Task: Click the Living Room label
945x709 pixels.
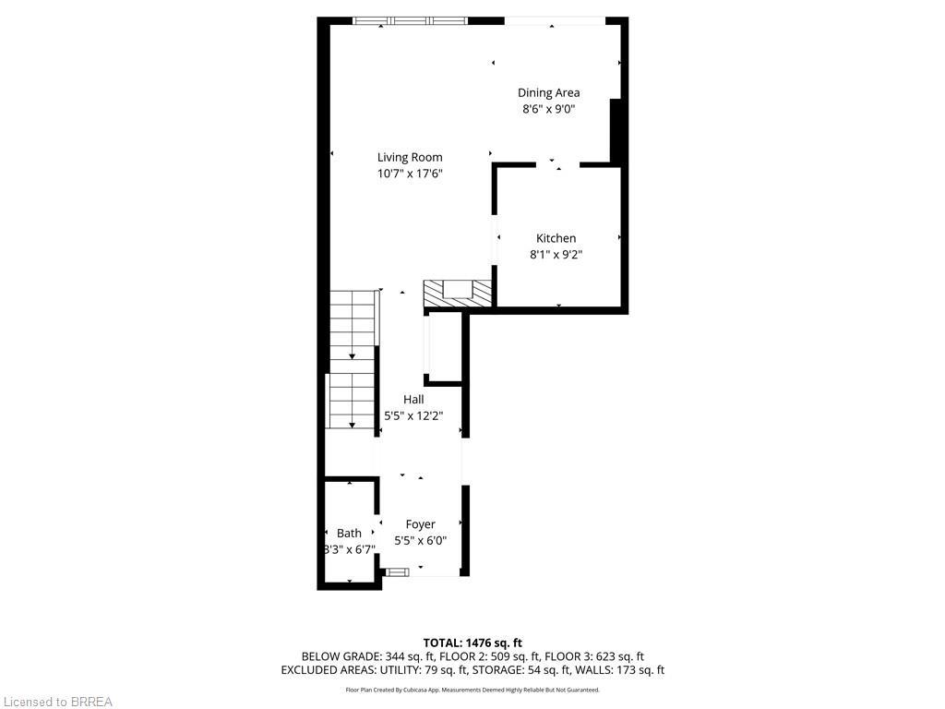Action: click(x=409, y=157)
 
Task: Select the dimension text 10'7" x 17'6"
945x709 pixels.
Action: click(x=409, y=174)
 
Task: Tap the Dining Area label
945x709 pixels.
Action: click(x=548, y=92)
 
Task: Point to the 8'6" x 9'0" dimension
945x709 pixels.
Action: click(x=548, y=109)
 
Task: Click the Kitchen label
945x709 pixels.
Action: click(x=556, y=238)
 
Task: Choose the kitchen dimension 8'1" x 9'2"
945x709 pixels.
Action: click(x=556, y=255)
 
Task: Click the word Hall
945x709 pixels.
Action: click(x=413, y=399)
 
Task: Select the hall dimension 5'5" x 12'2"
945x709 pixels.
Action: click(x=413, y=415)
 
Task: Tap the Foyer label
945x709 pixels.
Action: click(x=420, y=524)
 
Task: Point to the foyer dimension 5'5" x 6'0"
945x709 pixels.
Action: click(x=420, y=541)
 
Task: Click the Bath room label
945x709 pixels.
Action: click(x=349, y=533)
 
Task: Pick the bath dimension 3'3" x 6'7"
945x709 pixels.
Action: click(x=349, y=549)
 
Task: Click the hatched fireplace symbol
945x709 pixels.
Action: click(x=457, y=293)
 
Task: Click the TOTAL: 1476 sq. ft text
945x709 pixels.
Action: click(x=472, y=643)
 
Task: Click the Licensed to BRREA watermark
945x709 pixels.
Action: click(x=57, y=702)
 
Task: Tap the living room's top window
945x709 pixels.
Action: click(x=411, y=20)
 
